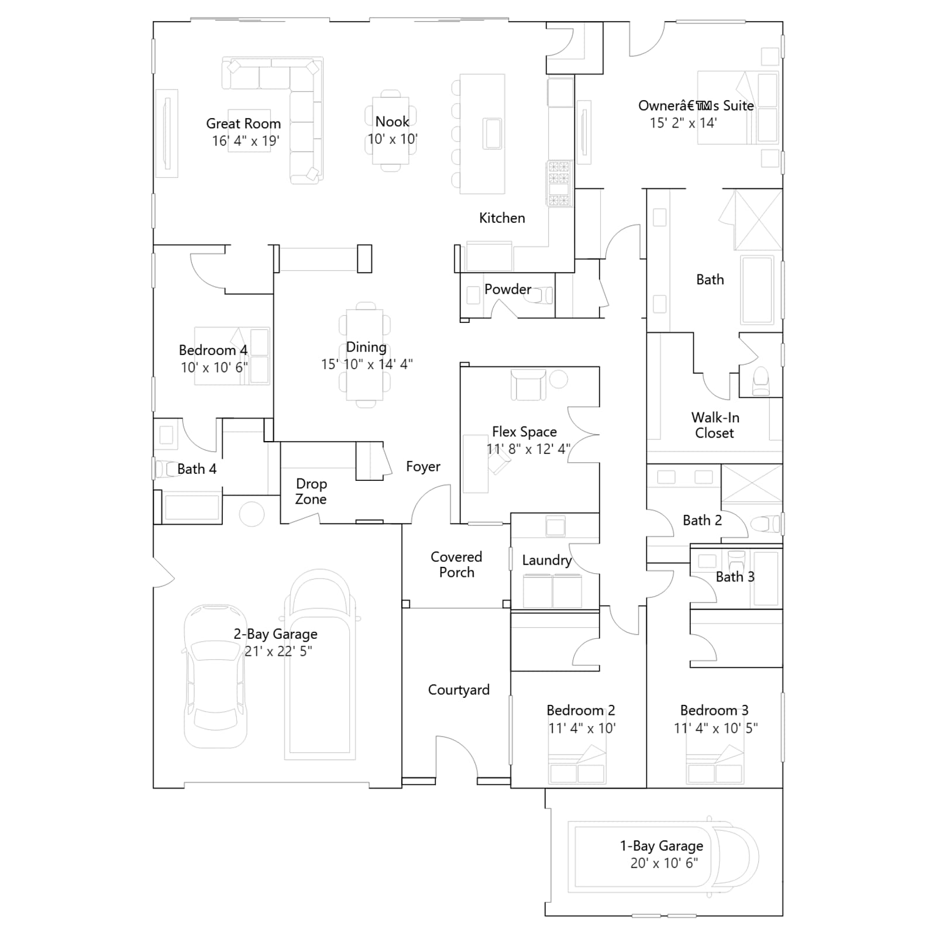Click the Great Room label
point(243,123)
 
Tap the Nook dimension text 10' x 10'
point(393,139)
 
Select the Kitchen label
point(502,218)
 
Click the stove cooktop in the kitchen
point(559,184)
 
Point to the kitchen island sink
point(493,133)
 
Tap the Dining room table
point(364,355)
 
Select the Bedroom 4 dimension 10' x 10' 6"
point(214,367)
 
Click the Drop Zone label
point(311,491)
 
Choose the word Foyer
point(423,466)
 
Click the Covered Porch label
point(456,565)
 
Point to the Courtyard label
point(459,690)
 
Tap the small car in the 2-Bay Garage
point(215,676)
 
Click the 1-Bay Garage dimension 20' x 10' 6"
point(664,863)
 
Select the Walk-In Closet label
point(715,425)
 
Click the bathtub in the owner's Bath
point(758,289)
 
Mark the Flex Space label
point(524,432)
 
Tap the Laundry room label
point(547,560)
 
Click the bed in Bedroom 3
point(714,764)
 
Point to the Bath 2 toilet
point(765,524)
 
